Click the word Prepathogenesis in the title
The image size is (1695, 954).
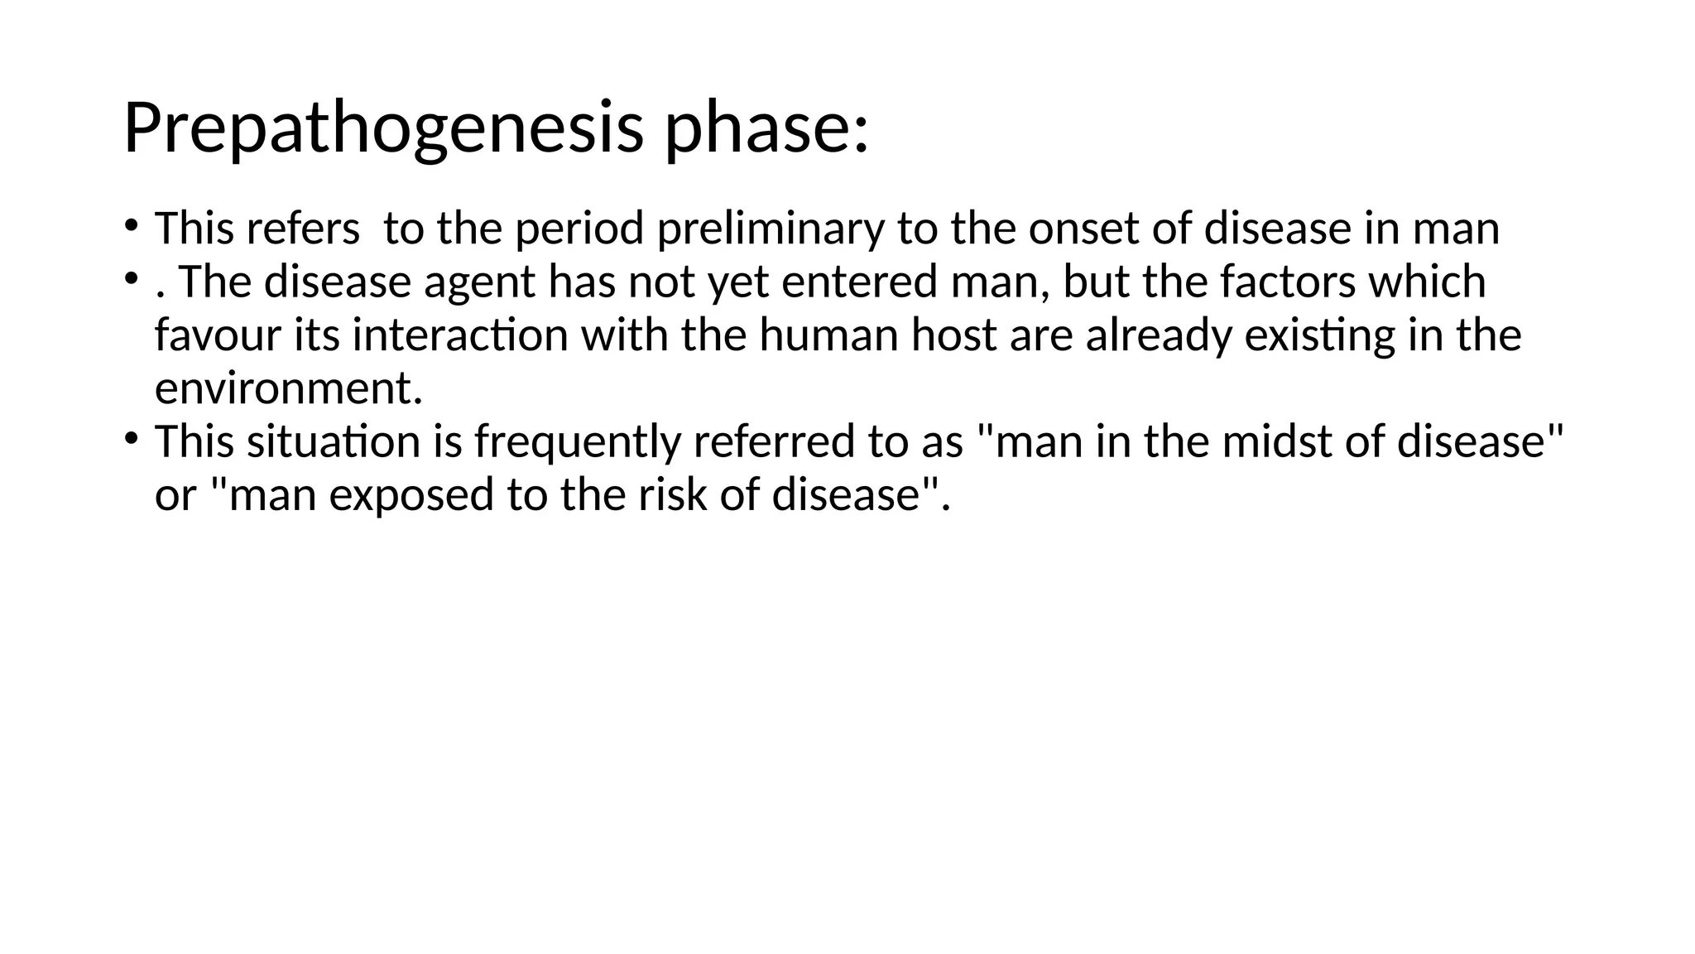(382, 129)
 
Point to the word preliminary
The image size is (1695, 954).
(770, 229)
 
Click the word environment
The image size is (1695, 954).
(288, 388)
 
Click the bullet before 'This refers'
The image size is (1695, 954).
(131, 225)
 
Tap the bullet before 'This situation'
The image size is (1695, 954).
(131, 438)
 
